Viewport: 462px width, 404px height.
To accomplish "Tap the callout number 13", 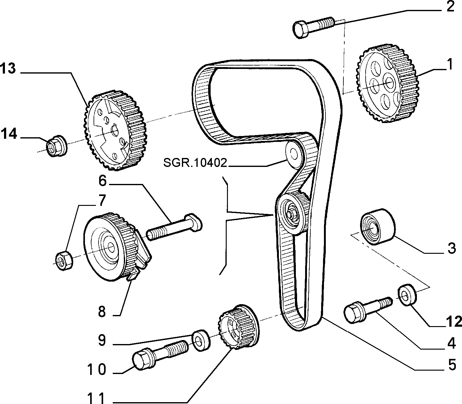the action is click(x=8, y=68).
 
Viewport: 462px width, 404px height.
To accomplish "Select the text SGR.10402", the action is click(x=195, y=163).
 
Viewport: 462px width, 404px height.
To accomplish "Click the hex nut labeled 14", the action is click(x=57, y=146).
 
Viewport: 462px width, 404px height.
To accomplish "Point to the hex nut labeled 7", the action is click(x=64, y=260).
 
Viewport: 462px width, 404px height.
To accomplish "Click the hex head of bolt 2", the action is click(x=301, y=29).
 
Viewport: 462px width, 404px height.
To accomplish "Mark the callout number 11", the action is click(x=96, y=398).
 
